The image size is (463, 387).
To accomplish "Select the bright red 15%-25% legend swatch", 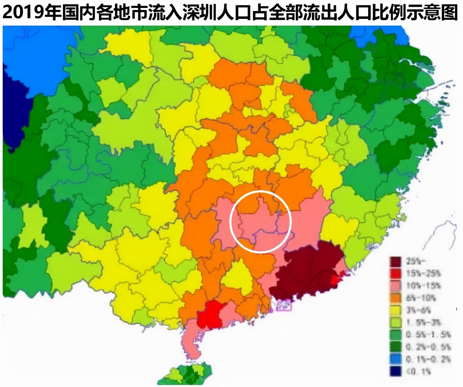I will pos(395,273).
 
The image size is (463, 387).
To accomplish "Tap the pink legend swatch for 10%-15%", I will pos(395,286).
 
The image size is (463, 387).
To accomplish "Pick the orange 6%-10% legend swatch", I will pos(395,298).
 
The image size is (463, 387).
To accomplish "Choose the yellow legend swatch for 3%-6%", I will pos(395,310).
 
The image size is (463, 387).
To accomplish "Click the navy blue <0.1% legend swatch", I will pos(395,371).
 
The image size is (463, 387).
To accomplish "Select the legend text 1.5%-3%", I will pos(423,322).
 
